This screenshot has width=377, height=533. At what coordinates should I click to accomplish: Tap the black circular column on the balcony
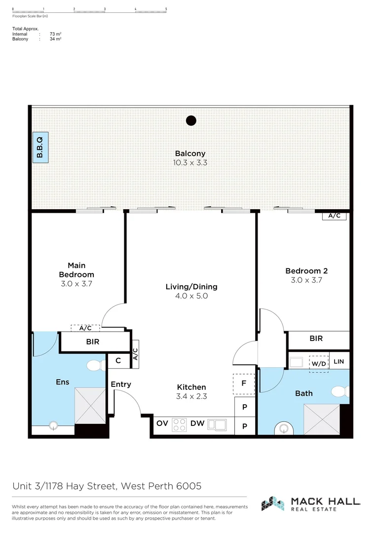click(x=191, y=120)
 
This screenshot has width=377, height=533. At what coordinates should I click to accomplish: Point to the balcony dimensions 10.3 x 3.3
click(x=190, y=162)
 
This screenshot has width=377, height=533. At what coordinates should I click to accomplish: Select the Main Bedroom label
click(x=76, y=270)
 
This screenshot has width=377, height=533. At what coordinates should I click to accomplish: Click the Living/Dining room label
click(x=191, y=287)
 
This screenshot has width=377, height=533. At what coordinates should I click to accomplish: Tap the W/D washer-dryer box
click(x=318, y=363)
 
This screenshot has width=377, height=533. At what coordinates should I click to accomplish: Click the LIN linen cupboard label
click(x=339, y=362)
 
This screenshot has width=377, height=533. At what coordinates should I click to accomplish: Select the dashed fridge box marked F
click(x=244, y=383)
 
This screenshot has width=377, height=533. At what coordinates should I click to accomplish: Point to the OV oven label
click(x=162, y=423)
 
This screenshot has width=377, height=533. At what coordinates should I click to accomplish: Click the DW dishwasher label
click(x=197, y=423)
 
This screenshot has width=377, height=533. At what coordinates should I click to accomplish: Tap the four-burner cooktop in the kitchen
click(x=179, y=424)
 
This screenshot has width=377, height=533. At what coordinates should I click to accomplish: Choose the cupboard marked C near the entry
click(x=118, y=361)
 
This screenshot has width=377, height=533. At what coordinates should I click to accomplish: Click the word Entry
click(x=121, y=384)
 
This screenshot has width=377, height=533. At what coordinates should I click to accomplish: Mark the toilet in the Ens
click(x=93, y=366)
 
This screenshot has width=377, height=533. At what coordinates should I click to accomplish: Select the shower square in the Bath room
click(x=322, y=419)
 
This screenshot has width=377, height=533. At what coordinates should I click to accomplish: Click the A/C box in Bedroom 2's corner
click(x=334, y=216)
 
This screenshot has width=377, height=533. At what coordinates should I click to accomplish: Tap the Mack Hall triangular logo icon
click(x=272, y=503)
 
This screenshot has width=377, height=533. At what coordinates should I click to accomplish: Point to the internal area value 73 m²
click(x=55, y=34)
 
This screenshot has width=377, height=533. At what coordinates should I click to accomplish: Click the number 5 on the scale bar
click(x=166, y=9)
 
